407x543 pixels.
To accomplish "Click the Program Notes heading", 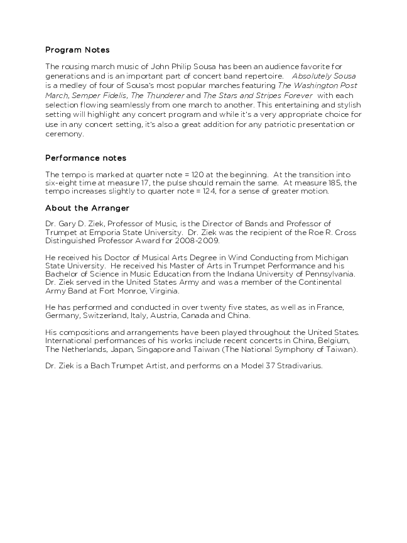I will (x=77, y=50).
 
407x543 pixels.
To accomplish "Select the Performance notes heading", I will (x=85, y=158).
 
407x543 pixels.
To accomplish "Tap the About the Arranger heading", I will (x=87, y=207).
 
